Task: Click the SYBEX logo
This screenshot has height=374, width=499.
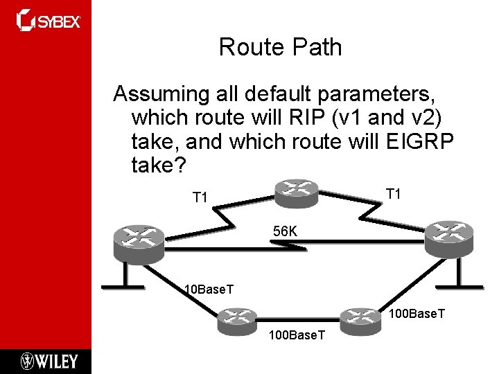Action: click(x=49, y=21)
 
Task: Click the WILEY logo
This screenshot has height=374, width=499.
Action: click(x=49, y=361)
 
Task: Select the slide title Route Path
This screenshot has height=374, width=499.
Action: click(x=280, y=47)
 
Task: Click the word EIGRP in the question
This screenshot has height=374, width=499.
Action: click(x=418, y=141)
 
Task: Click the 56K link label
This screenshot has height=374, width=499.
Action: click(x=285, y=231)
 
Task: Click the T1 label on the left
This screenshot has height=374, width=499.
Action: click(x=200, y=198)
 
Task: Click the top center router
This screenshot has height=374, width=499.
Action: click(x=296, y=191)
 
